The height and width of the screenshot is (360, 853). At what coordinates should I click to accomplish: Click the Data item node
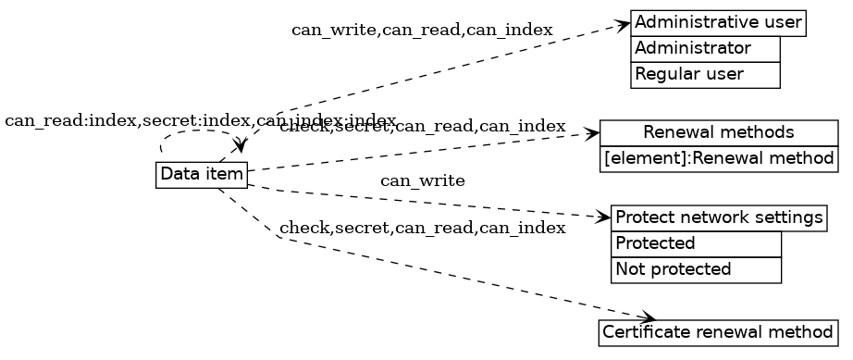(202, 174)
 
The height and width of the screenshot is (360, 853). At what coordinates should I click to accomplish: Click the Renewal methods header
(718, 132)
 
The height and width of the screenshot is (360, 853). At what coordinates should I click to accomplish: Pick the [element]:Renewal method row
(718, 158)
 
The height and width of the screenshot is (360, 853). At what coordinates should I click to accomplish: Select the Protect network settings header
(718, 218)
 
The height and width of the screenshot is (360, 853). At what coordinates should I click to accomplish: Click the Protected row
(696, 244)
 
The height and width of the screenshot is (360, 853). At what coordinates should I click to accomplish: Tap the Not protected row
(696, 270)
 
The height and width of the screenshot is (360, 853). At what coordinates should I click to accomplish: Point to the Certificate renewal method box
(718, 331)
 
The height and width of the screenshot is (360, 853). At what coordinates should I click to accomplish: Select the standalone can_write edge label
(422, 180)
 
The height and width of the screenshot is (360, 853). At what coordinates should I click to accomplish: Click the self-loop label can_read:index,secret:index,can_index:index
(200, 121)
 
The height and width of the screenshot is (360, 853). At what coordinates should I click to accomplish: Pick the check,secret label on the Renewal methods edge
(422, 127)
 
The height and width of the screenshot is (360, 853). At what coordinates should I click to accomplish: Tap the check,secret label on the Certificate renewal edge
(422, 228)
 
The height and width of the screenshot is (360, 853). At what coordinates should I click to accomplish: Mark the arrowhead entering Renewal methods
(593, 134)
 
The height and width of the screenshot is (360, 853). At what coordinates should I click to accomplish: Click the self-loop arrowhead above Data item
(241, 148)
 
